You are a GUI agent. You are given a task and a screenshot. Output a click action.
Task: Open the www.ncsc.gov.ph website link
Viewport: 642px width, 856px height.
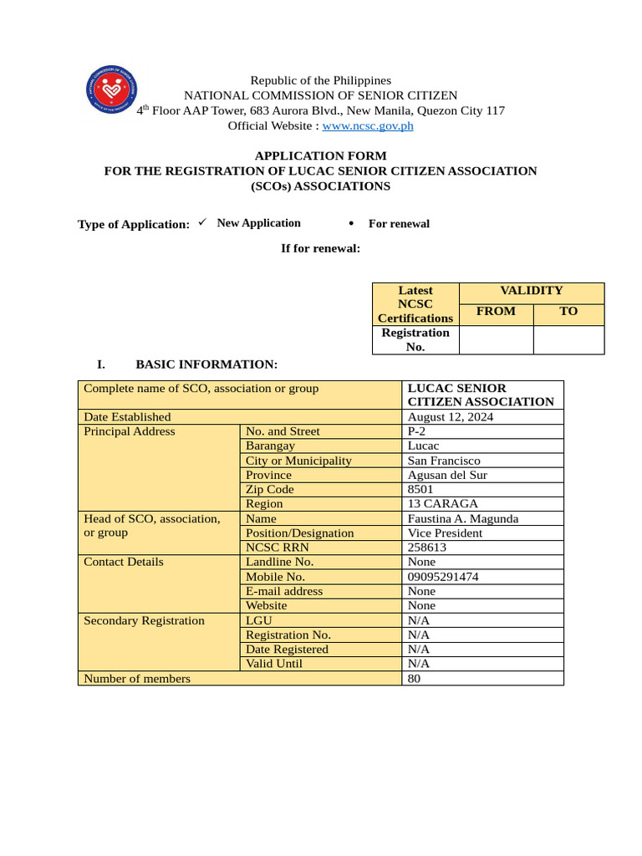point(368,126)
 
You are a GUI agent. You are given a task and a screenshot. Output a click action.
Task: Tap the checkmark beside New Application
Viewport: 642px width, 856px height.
point(202,222)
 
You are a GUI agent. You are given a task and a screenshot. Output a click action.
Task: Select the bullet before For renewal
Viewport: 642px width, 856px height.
point(351,223)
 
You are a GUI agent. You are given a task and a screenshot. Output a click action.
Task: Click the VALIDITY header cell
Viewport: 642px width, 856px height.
point(531,291)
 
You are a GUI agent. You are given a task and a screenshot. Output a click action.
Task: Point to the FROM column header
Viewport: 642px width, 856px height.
point(496,311)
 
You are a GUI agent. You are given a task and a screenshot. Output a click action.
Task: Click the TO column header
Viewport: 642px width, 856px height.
point(568,311)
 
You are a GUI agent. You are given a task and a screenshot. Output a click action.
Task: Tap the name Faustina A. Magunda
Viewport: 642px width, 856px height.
point(462,519)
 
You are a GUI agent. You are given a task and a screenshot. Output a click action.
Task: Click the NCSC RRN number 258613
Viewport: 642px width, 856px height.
point(426,548)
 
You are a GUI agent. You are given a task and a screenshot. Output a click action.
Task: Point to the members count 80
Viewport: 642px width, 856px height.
point(415,679)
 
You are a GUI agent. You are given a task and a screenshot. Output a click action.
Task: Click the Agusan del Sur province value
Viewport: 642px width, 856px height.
point(447,475)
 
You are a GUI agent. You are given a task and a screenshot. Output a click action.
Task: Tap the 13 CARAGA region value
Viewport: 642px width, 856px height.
point(442,504)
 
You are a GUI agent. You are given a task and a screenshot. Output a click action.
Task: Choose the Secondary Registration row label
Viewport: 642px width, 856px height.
point(144,621)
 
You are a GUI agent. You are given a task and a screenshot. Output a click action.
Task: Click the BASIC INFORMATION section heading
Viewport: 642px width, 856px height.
point(206,364)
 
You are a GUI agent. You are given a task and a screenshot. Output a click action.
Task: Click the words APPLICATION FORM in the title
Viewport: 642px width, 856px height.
point(320,155)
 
